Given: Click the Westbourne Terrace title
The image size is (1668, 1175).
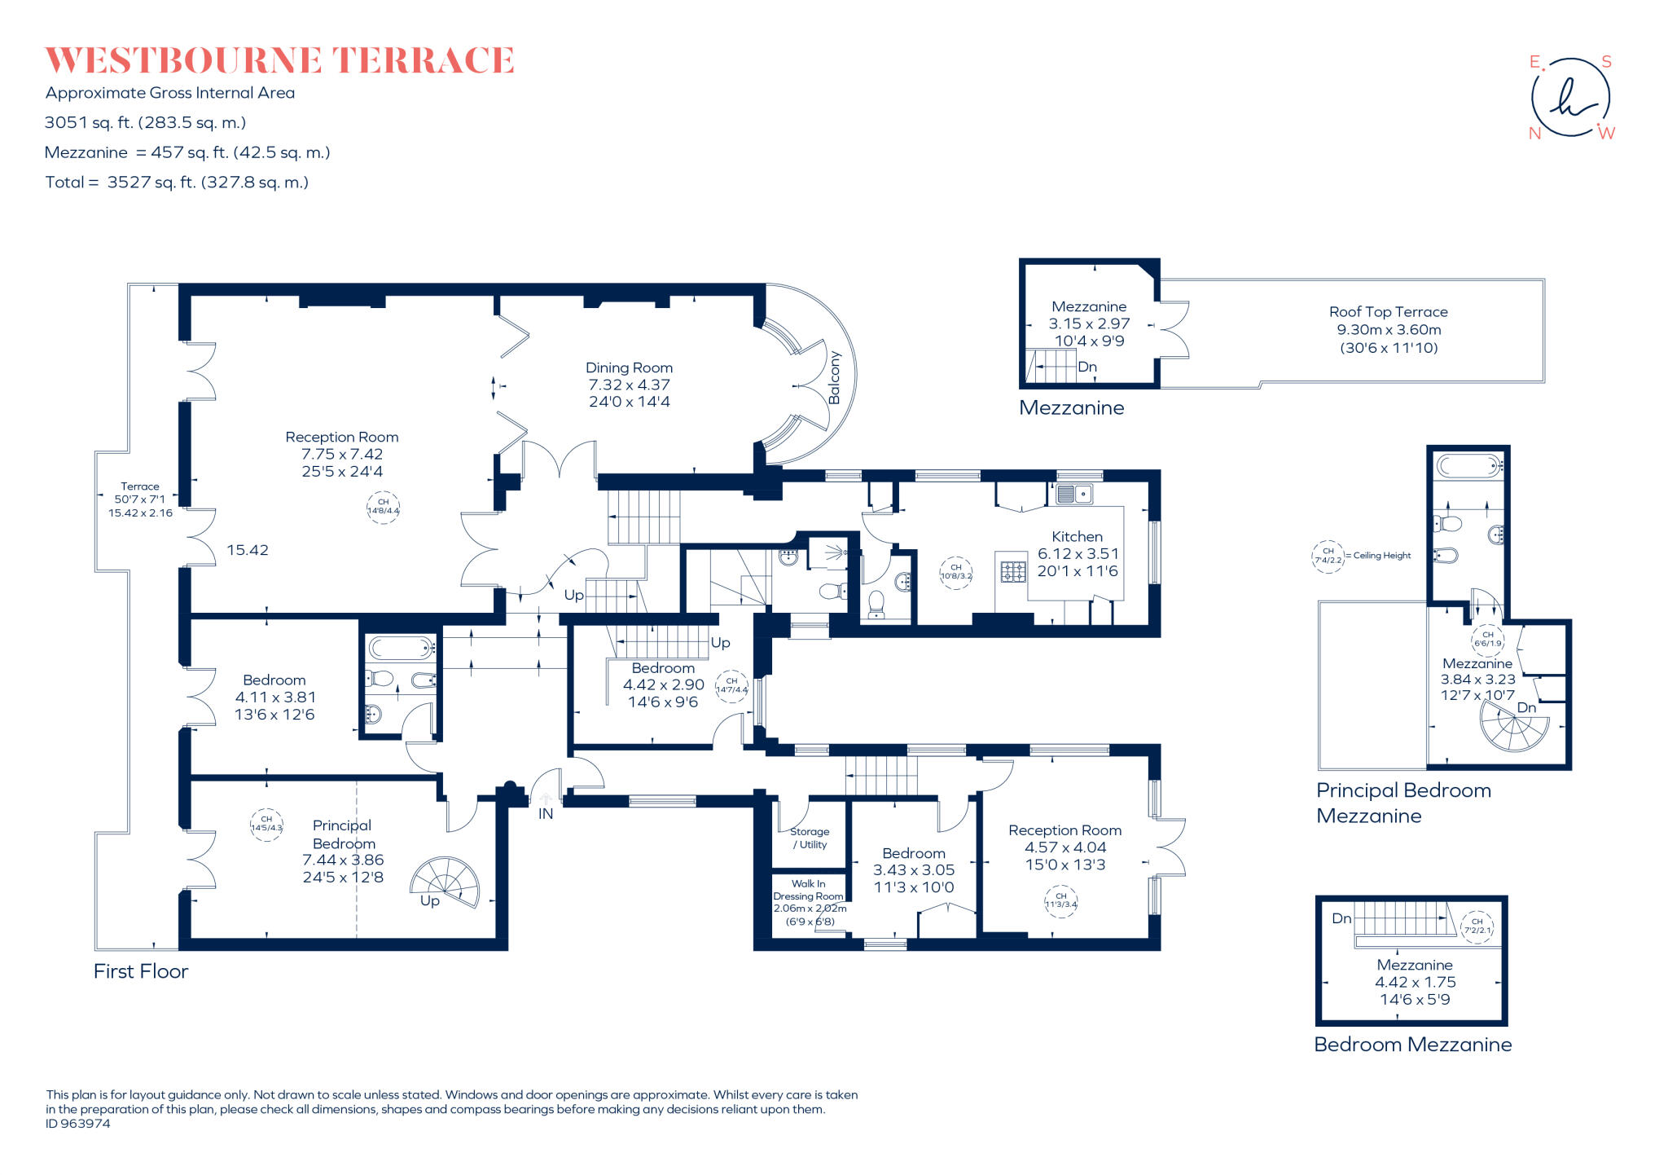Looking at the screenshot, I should tap(279, 60).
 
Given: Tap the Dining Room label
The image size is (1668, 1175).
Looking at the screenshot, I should tap(629, 368).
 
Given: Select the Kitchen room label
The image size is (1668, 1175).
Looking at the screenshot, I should tap(1077, 537).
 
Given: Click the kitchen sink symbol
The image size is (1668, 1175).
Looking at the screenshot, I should tap(1074, 494).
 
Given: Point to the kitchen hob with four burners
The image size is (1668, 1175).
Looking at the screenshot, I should tap(1012, 571).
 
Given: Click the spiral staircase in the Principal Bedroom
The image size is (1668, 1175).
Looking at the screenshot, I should tap(446, 882).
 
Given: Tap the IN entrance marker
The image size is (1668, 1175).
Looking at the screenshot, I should tap(545, 813).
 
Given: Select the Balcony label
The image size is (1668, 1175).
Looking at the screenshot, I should tap(834, 377).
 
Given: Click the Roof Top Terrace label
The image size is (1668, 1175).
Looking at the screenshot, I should tap(1388, 312).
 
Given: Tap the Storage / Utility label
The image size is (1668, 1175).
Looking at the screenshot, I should tap(810, 838).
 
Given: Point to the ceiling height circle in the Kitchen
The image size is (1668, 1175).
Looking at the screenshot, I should tap(955, 571).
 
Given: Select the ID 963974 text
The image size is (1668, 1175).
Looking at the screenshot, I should tap(78, 1124).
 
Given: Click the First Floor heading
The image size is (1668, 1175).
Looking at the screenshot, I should tap(141, 971).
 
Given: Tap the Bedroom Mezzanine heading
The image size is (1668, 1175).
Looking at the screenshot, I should tap(1412, 1045).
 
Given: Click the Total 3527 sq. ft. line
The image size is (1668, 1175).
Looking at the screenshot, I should tap(177, 183).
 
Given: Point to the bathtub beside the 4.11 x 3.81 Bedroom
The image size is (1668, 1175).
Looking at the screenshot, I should tap(402, 649).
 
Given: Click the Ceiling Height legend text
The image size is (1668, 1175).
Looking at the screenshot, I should tap(1381, 556).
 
